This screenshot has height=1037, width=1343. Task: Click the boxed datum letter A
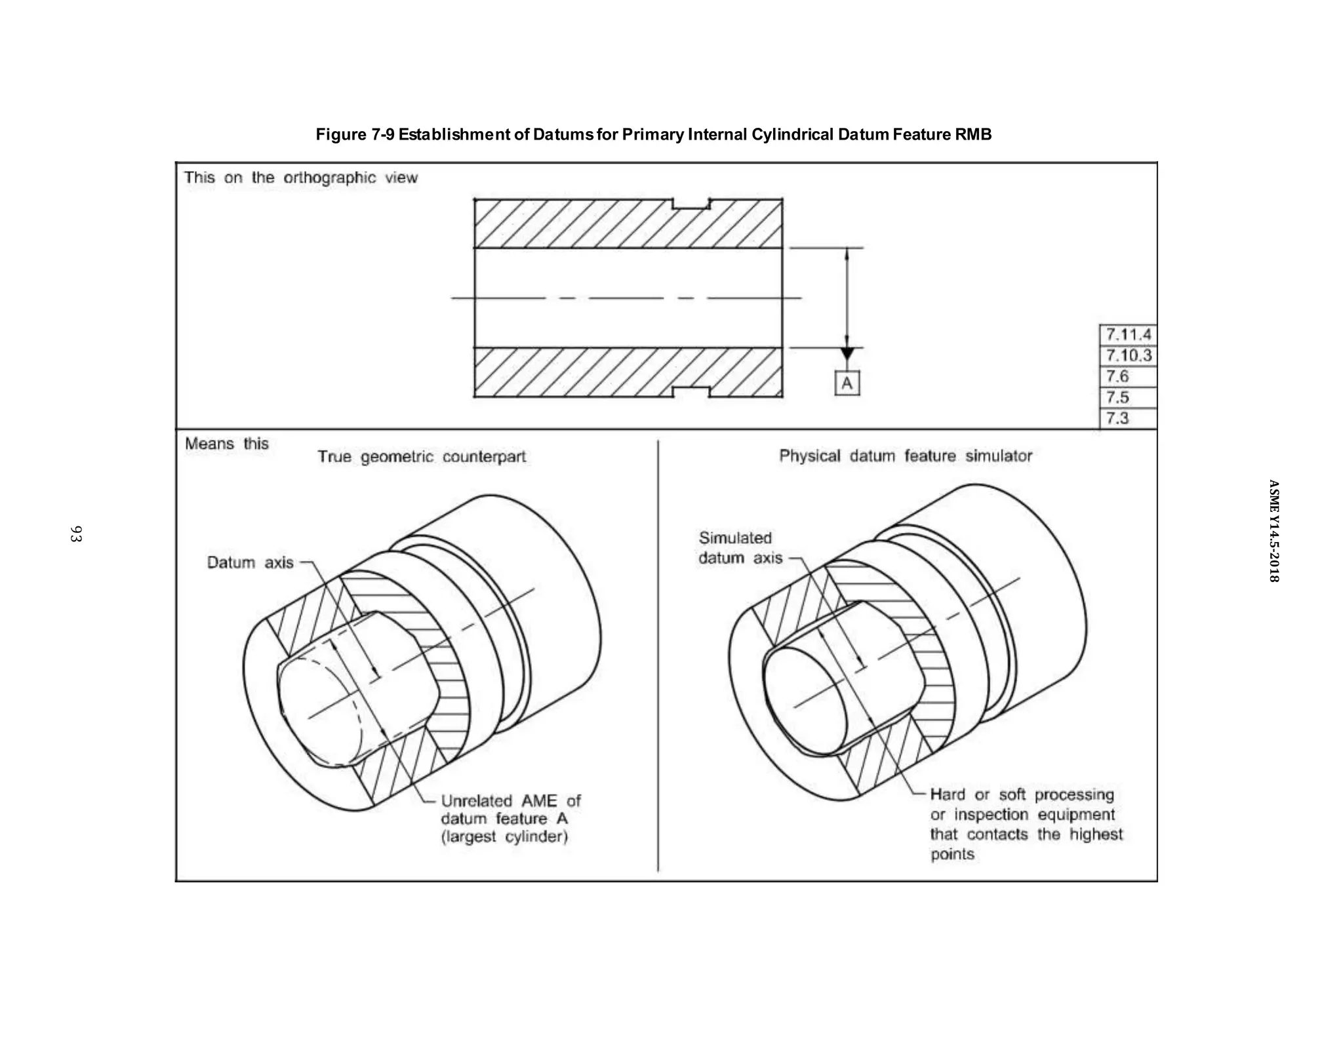(x=847, y=383)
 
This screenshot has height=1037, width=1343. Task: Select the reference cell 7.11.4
(x=1128, y=335)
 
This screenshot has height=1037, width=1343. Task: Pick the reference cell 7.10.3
(x=1128, y=356)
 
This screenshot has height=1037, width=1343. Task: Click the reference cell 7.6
(x=1128, y=376)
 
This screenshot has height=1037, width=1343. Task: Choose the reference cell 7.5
(x=1128, y=397)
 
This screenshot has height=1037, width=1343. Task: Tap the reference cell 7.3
(x=1128, y=418)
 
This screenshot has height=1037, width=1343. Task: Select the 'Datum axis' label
(x=250, y=562)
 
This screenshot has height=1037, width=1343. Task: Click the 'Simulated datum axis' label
(x=740, y=548)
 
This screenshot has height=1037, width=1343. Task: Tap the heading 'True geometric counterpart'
(x=422, y=457)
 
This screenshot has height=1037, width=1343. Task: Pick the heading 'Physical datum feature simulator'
(x=905, y=456)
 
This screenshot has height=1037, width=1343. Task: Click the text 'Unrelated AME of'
(x=510, y=801)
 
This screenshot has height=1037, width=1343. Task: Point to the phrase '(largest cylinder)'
(x=504, y=837)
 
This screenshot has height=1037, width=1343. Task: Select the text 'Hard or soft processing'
(x=1022, y=794)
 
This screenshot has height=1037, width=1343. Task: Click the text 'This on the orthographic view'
(x=300, y=178)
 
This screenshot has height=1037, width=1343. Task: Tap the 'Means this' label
(x=226, y=444)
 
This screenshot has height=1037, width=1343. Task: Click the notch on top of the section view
(x=692, y=204)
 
